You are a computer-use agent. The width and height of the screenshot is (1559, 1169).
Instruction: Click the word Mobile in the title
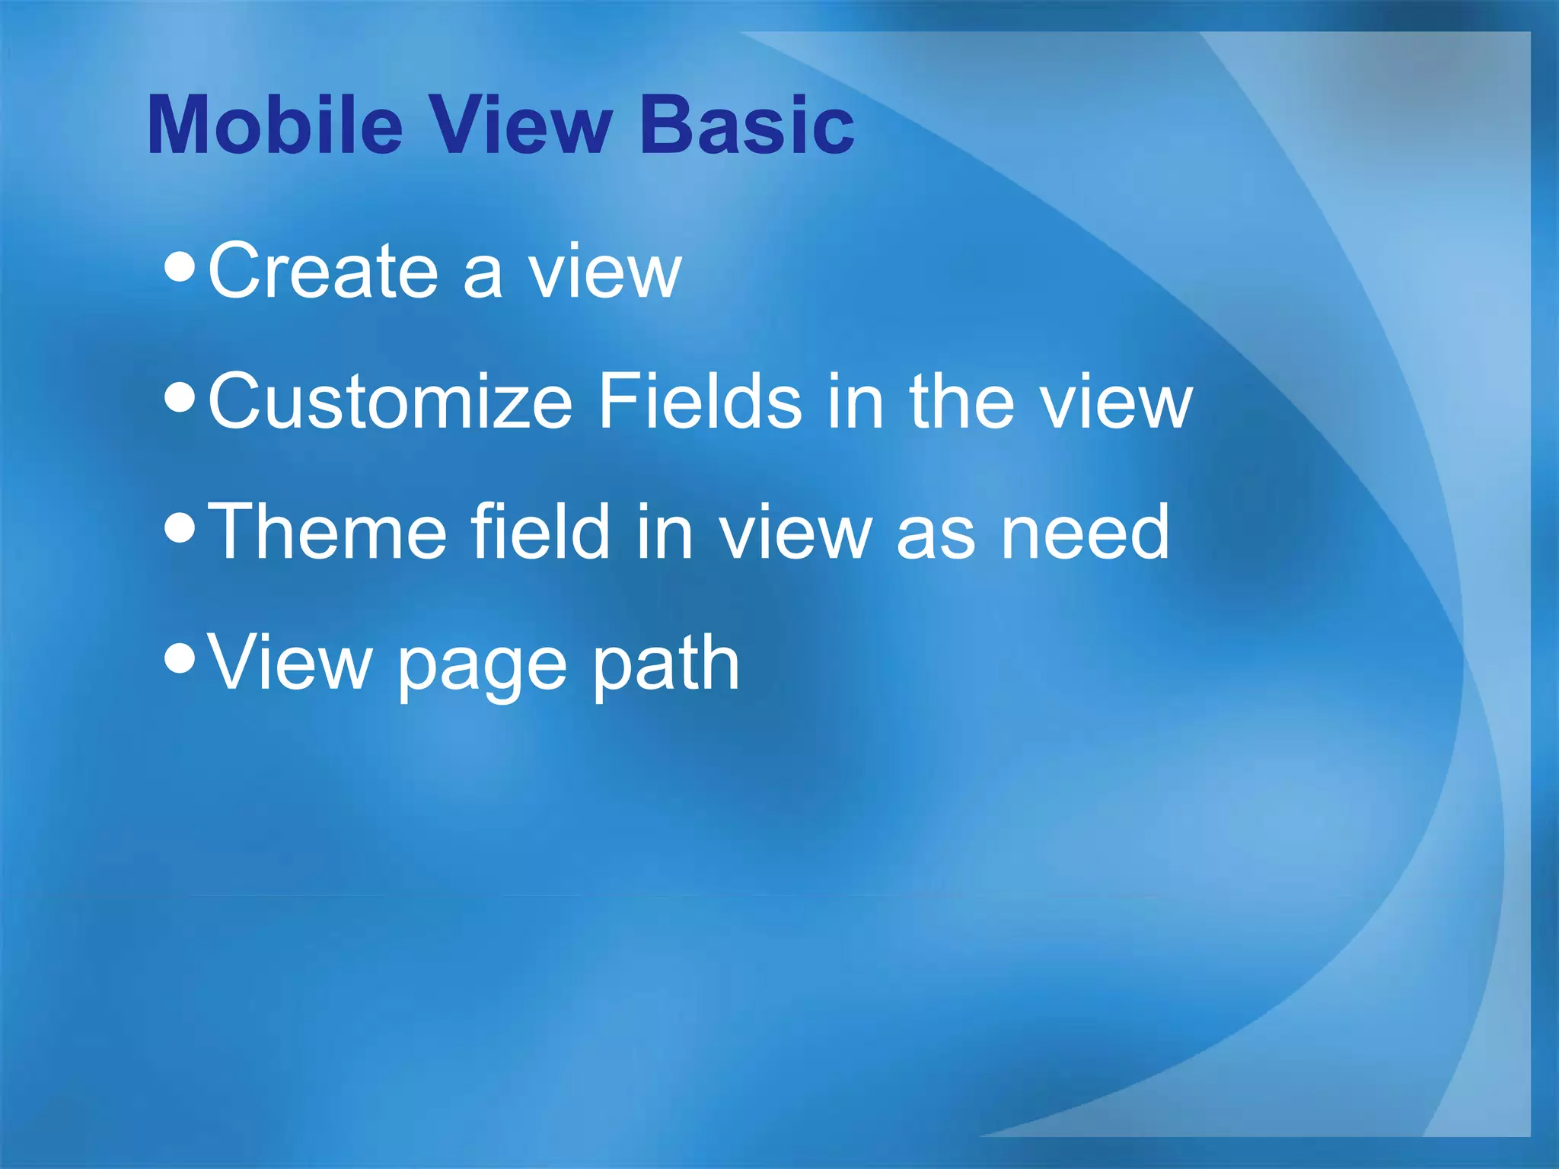tap(274, 126)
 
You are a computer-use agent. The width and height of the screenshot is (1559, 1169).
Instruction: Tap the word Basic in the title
tap(747, 126)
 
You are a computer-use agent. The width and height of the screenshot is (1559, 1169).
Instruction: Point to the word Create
tap(323, 271)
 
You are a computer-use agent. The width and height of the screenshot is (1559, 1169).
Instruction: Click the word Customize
tap(389, 402)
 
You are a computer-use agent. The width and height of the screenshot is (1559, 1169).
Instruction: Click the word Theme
tap(327, 532)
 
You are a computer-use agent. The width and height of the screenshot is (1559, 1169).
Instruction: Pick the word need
tap(1084, 532)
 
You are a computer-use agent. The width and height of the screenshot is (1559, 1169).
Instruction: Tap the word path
tap(665, 663)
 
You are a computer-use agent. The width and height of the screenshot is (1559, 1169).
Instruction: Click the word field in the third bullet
tap(540, 532)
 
